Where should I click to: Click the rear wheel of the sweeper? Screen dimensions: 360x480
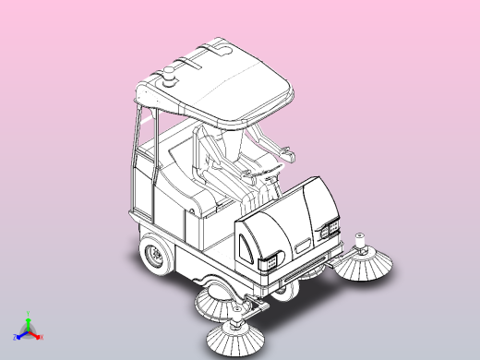pos(157,255)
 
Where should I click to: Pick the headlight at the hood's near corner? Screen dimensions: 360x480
pos(270,261)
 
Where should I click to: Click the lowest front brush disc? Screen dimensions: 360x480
pos(236,339)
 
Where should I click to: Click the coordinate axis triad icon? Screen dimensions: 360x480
pos(28,329)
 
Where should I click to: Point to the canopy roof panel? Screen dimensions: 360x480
pos(235,83)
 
